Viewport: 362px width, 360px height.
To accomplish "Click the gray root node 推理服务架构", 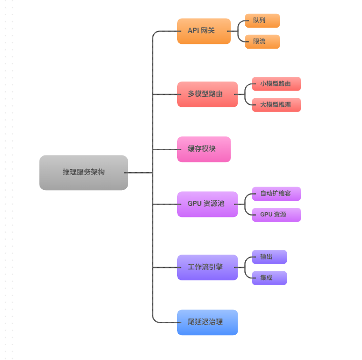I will tap(83, 173).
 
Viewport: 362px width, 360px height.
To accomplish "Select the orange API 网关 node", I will tap(204, 31).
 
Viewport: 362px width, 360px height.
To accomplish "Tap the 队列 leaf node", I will tap(262, 21).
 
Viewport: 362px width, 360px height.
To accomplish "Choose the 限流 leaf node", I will tap(262, 41).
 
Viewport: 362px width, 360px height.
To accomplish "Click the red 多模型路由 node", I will tap(207, 94).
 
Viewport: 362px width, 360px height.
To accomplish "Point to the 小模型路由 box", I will tap(276, 84).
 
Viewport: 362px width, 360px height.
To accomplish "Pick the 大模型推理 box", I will tap(276, 104).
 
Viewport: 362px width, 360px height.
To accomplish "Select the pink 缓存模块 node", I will tap(204, 149).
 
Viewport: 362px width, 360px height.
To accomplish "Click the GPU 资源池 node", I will tap(207, 204).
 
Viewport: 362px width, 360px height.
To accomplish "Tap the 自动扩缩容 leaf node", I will tap(276, 194).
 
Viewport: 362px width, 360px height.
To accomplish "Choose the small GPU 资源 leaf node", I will tap(276, 215).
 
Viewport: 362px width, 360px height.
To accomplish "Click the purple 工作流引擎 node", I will tap(207, 267).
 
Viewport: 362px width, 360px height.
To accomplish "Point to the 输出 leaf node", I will tap(269, 257).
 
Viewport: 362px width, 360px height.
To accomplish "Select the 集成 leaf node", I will tap(269, 278).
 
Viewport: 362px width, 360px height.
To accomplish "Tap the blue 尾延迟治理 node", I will tap(207, 322).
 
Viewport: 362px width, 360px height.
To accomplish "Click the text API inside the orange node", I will tap(193, 31).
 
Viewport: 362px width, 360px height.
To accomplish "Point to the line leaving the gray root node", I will tap(140, 173).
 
